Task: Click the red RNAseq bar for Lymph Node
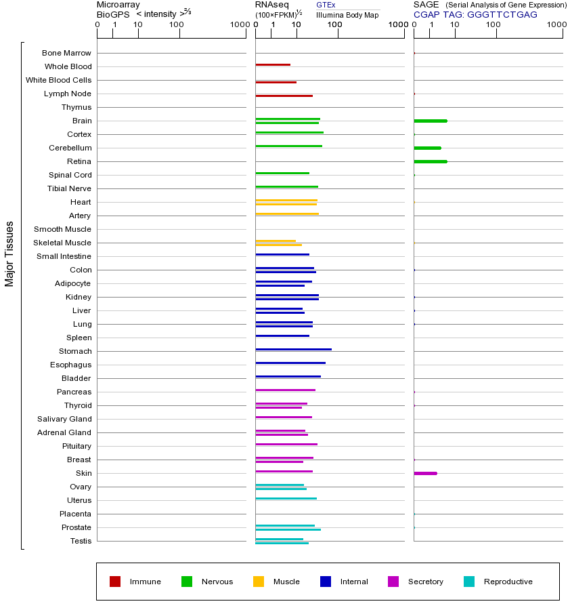pos(284,96)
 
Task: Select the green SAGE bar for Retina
pos(430,161)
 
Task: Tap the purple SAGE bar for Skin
pos(425,473)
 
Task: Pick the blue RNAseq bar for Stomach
pos(293,349)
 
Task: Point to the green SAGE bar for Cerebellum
pos(427,148)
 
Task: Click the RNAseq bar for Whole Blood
pos(273,64)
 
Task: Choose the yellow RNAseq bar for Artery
pos(287,213)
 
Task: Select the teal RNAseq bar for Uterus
pos(286,498)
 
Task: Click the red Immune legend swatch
pos(115,582)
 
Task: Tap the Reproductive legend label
pos(508,582)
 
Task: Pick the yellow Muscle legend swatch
pos(259,582)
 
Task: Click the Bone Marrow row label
pos(66,53)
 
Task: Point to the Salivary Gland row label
pos(64,419)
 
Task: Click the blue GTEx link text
pos(326,5)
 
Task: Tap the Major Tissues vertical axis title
pos(9,253)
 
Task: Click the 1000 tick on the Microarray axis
pos(238,25)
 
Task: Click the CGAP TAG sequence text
pos(475,14)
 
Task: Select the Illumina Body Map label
pos(348,14)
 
